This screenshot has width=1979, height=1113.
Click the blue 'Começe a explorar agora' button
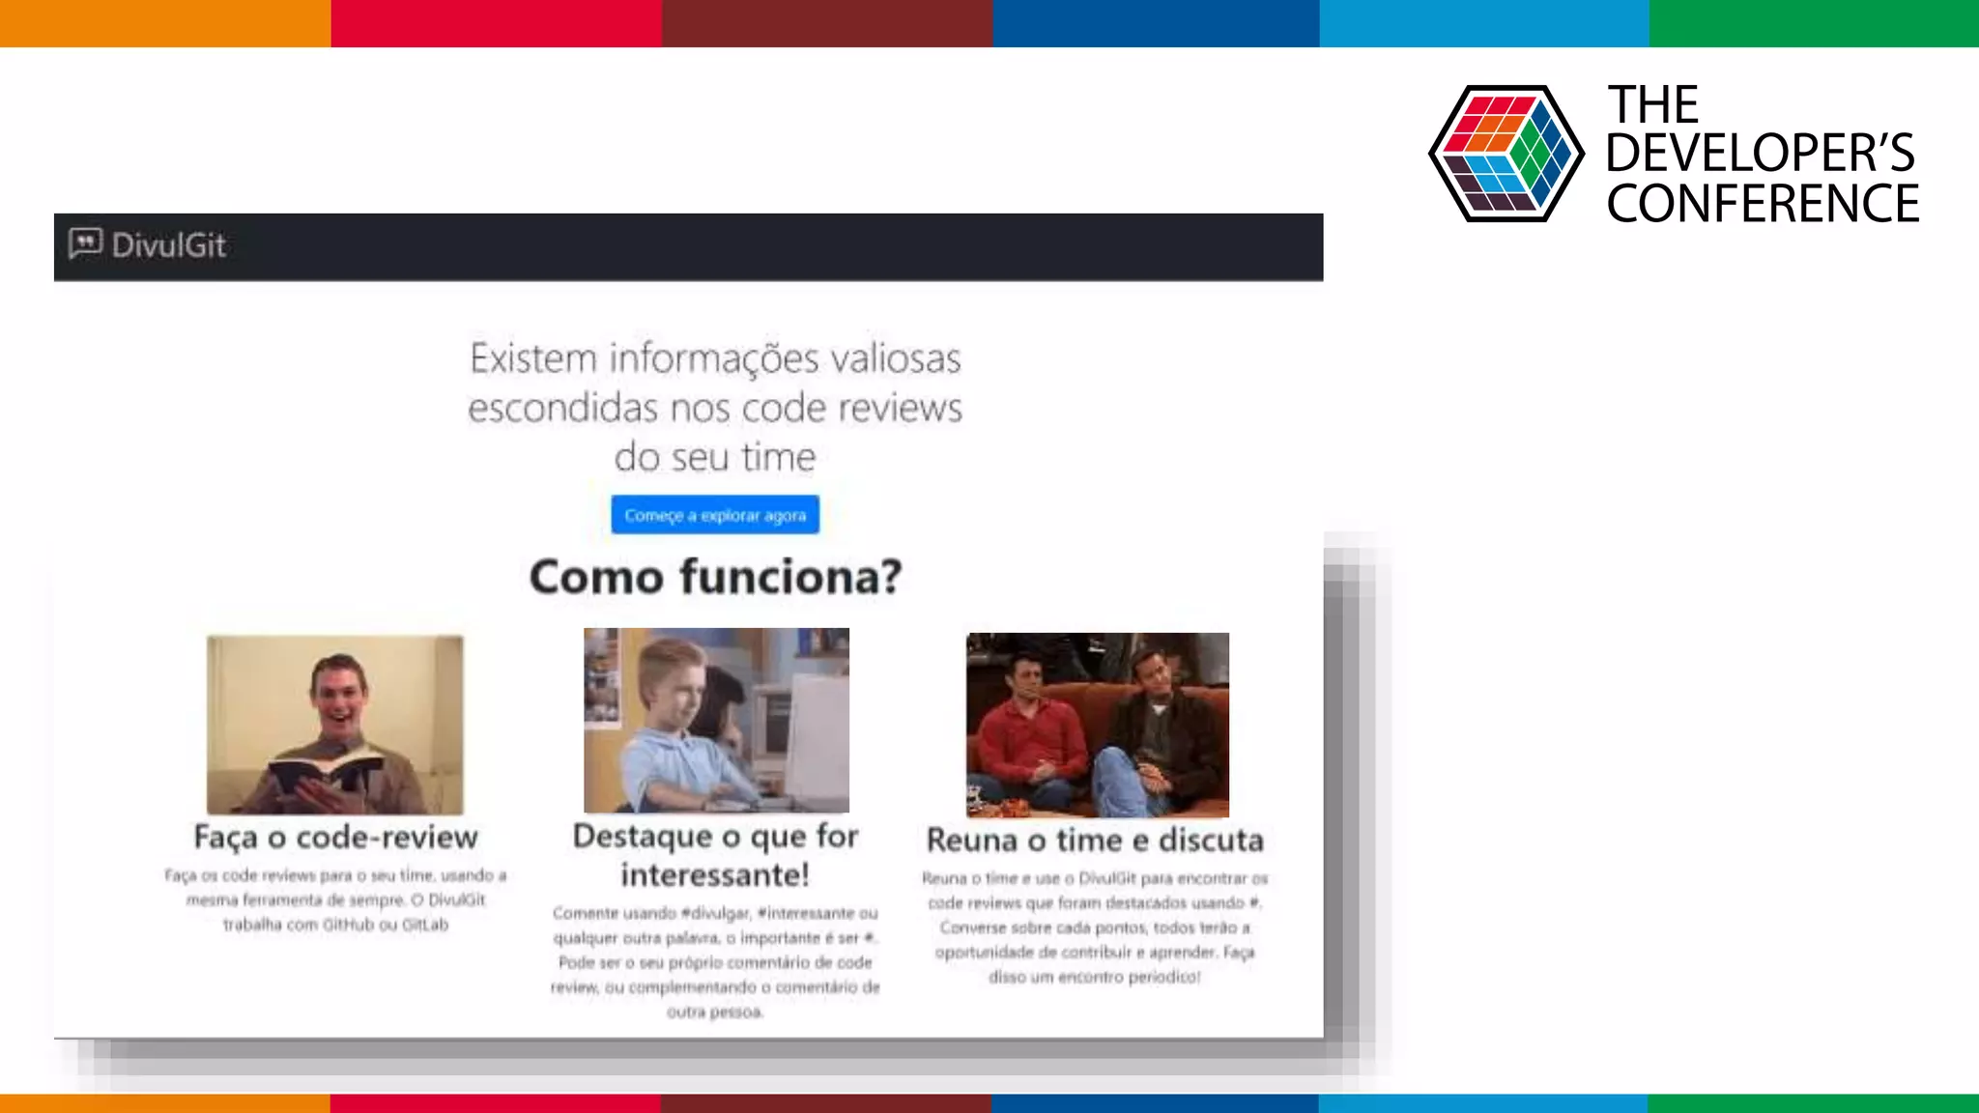(x=715, y=515)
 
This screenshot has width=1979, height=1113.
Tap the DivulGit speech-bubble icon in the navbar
(x=85, y=243)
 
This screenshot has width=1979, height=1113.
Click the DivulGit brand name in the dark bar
(x=169, y=245)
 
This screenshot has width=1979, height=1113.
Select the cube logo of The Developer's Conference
(x=1506, y=154)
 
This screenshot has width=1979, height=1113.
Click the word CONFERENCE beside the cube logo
(x=1763, y=204)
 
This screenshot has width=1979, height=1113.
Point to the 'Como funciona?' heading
(x=715, y=577)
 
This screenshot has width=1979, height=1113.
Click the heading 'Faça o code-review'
(x=335, y=837)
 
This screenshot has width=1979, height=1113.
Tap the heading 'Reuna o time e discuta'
(x=1095, y=841)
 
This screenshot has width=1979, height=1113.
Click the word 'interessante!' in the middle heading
(x=715, y=875)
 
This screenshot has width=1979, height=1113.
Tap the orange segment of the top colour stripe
(x=164, y=23)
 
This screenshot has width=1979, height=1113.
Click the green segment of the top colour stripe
(x=1814, y=23)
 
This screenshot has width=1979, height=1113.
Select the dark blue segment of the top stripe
(x=1156, y=23)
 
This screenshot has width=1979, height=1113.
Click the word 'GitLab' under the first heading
(x=425, y=925)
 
